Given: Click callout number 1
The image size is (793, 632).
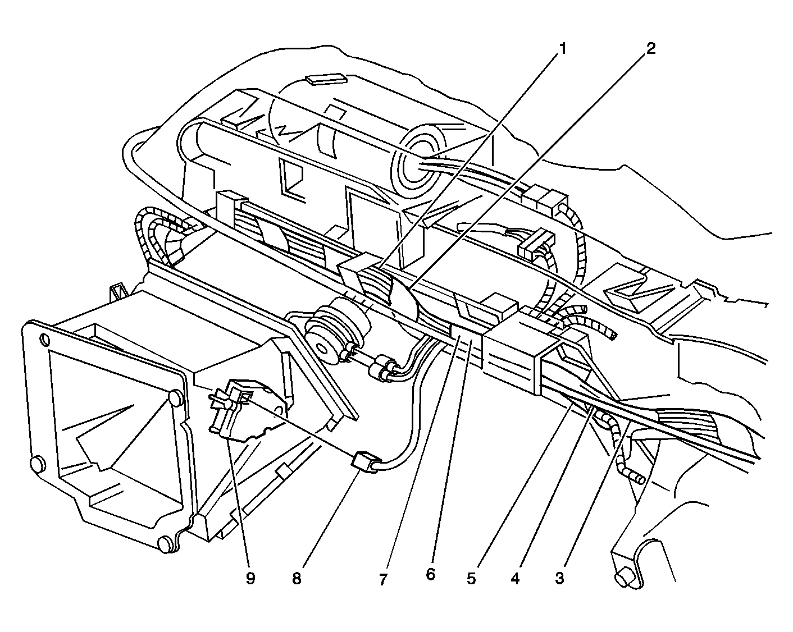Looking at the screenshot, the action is point(562,49).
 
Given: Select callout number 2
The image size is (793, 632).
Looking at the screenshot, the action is point(651,49).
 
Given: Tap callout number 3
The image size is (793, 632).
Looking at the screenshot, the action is point(560,578).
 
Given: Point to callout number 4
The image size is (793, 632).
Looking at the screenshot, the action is point(515,578).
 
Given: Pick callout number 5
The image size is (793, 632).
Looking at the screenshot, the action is point(472,578).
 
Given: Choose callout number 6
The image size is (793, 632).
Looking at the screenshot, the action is point(430,574).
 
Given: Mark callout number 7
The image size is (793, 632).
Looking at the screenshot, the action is point(383,580).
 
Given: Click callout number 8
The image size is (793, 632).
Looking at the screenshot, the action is point(297,578).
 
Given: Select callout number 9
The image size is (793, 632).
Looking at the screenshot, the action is point(250,578).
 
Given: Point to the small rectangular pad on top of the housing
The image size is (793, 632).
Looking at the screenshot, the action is point(326,80).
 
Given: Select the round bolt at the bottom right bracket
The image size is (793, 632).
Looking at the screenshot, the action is point(624,579).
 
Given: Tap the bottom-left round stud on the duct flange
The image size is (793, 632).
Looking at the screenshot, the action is point(38,465).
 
